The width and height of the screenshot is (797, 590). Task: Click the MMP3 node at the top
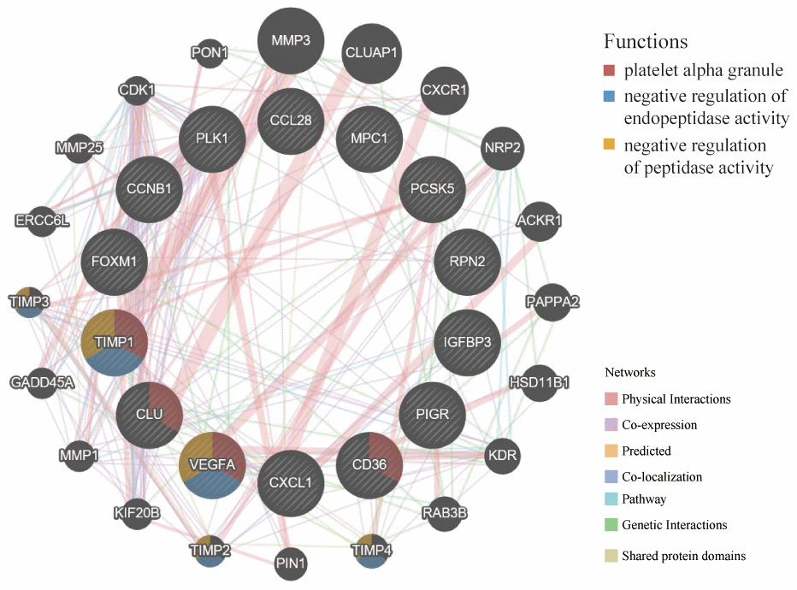point(291,40)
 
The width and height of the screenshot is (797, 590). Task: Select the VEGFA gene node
point(212,465)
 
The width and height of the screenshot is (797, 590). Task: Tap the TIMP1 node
point(115,343)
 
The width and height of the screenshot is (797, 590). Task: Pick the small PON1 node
point(210,53)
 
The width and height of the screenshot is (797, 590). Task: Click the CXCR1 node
point(443,89)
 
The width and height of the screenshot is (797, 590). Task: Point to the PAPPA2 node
point(552,302)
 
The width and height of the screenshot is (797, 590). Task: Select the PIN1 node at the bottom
point(291,563)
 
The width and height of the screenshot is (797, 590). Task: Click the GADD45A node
point(42,381)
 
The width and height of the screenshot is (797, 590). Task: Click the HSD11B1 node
point(539,381)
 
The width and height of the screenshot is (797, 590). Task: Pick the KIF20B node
point(137,513)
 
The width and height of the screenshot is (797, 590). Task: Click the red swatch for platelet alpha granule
point(610,69)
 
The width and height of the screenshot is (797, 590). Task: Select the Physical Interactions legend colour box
point(610,399)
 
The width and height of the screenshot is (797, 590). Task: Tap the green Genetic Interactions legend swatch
point(610,525)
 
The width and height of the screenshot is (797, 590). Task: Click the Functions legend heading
point(646,41)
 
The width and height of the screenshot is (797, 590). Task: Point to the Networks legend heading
point(630,373)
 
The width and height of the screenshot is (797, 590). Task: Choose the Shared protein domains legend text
point(683,556)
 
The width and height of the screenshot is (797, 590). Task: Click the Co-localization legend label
point(663,477)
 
